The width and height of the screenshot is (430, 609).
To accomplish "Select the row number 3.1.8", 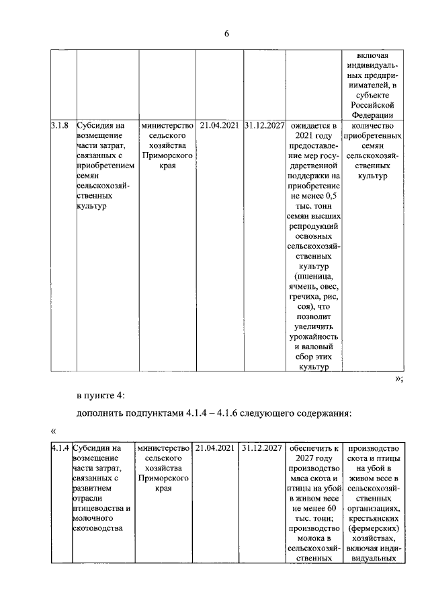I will tap(62, 125).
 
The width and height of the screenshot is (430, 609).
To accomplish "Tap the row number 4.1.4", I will tap(61, 447).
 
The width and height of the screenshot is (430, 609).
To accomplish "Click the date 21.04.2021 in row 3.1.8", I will tap(218, 125).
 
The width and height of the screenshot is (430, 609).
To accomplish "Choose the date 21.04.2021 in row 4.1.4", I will tap(215, 447).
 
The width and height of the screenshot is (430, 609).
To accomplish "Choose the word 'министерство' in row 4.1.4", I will tap(163, 447).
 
